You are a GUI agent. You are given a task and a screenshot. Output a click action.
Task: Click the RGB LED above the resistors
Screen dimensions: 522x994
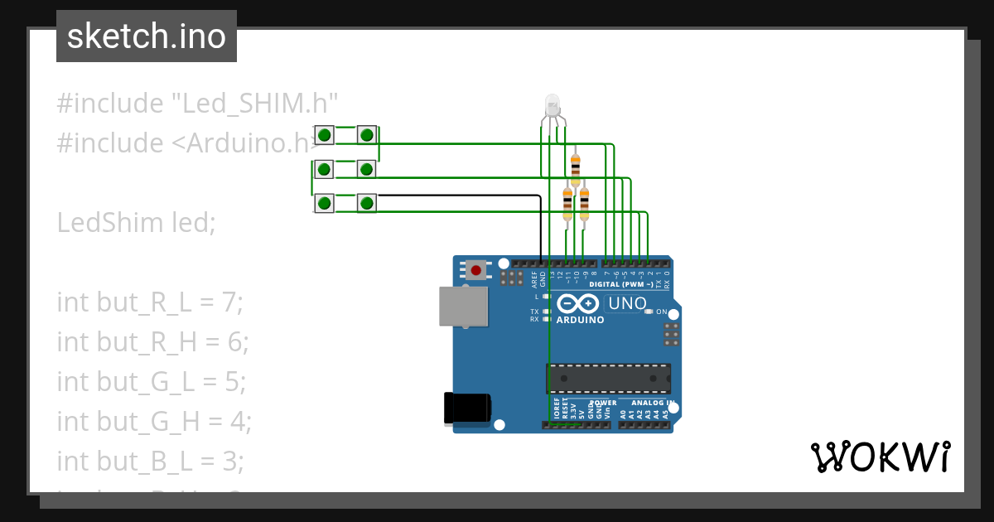552,106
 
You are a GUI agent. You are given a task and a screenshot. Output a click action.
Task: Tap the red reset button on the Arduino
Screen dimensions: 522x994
475,270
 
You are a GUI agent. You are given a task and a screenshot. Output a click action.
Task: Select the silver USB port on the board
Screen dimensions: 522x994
463,306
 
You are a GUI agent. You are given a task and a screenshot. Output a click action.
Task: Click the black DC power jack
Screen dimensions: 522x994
467,408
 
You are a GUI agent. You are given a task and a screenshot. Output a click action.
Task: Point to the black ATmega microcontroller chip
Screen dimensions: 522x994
608,378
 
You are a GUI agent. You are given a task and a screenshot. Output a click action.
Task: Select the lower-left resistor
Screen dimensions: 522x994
567,202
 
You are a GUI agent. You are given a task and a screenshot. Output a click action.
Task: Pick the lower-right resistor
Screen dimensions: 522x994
584,202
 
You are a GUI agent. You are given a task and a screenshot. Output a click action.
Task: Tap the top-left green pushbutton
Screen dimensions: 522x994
325,135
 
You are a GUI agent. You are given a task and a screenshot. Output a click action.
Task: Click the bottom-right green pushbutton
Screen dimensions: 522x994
367,202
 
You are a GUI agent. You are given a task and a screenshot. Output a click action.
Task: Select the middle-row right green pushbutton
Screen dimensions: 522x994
367,169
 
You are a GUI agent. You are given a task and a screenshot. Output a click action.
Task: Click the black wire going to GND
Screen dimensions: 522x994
464,196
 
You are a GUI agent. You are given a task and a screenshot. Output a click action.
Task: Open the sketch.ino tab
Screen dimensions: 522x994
147,36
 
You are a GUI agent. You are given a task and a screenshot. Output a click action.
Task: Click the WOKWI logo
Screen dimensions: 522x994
880,457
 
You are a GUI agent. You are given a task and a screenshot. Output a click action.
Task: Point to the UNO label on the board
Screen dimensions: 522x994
627,303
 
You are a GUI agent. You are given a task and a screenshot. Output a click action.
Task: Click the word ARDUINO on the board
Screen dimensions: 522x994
580,320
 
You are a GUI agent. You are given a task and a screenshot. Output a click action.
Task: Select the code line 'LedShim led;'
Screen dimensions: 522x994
136,223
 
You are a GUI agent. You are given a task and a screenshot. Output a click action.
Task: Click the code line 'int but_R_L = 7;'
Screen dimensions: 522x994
150,302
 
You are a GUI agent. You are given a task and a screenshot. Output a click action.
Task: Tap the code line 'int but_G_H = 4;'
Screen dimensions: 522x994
153,422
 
